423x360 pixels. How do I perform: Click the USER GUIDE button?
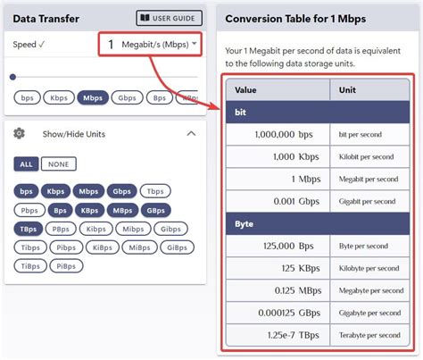click(170, 18)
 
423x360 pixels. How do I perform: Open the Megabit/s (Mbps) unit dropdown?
click(149, 45)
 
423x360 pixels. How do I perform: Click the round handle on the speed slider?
click(12, 78)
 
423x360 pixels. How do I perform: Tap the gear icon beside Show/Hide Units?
click(19, 133)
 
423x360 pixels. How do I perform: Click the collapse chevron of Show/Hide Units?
click(190, 133)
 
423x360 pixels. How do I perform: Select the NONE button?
click(59, 164)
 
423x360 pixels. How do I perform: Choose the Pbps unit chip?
click(30, 210)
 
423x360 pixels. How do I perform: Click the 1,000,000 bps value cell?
click(278, 135)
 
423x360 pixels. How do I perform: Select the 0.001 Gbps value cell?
click(278, 201)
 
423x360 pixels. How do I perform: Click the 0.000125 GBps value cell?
click(278, 312)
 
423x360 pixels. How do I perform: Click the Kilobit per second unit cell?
click(369, 157)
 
